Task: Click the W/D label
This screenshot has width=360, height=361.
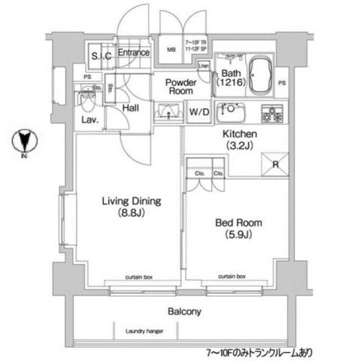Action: point(199,113)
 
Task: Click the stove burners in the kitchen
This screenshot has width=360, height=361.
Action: point(271,113)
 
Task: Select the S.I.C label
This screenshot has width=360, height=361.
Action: point(101,56)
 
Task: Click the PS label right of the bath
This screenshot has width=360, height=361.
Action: point(283,82)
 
